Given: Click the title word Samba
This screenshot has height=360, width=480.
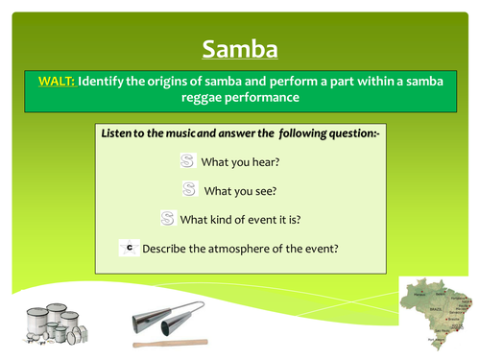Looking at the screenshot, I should [239, 48].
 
